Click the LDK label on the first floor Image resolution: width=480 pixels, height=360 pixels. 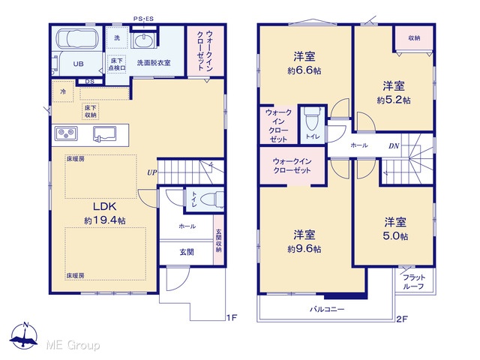click(x=105, y=207)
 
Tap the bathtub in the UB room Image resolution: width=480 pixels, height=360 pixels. click(x=76, y=39)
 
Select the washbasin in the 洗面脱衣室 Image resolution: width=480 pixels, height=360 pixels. click(x=142, y=40)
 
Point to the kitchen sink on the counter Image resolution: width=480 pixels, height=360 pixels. click(x=105, y=134)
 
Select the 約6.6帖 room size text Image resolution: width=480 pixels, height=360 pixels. click(x=304, y=70)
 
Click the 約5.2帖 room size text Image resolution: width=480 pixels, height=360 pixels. click(x=394, y=100)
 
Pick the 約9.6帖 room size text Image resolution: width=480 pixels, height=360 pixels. click(x=304, y=249)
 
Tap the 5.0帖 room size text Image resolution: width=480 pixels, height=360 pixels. click(x=395, y=236)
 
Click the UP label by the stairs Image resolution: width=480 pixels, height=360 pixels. click(x=151, y=172)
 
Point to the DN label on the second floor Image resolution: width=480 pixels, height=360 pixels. click(x=394, y=146)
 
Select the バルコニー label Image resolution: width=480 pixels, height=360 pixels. click(x=327, y=309)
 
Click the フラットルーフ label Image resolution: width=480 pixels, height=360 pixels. click(x=413, y=282)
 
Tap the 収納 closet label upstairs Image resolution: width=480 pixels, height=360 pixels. click(x=414, y=38)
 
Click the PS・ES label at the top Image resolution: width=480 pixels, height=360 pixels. click(x=143, y=19)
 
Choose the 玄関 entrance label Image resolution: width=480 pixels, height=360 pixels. click(x=187, y=252)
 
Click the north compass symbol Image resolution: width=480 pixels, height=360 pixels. click(x=24, y=336)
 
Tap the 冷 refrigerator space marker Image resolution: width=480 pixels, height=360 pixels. click(x=63, y=91)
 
